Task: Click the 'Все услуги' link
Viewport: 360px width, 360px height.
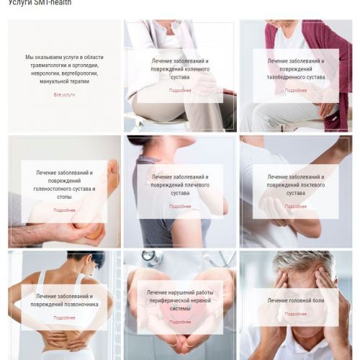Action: (x=64, y=95)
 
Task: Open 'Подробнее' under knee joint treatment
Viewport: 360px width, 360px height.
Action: (x=180, y=91)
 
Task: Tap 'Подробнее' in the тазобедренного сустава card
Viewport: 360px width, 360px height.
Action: (x=296, y=91)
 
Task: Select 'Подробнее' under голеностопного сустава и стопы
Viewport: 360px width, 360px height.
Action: (x=64, y=210)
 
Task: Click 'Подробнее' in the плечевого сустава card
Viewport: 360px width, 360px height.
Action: (x=180, y=206)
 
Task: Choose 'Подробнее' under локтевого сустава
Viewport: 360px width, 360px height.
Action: (x=296, y=206)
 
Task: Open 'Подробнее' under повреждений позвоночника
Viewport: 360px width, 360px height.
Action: (x=64, y=318)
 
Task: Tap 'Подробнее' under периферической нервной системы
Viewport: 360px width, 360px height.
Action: (x=180, y=322)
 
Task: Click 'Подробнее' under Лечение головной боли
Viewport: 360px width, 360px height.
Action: (x=296, y=314)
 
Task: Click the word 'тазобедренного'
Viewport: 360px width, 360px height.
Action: (x=282, y=77)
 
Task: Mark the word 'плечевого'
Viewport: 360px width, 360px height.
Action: (x=197, y=185)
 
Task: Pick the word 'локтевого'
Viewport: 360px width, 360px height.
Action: (x=314, y=185)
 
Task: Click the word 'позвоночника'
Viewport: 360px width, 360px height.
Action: (x=84, y=305)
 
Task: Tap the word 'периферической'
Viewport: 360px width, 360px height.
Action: (x=163, y=301)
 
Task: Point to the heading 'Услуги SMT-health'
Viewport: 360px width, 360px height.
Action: (x=40, y=2)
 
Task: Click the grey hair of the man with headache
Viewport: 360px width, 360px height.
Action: (x=302, y=261)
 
